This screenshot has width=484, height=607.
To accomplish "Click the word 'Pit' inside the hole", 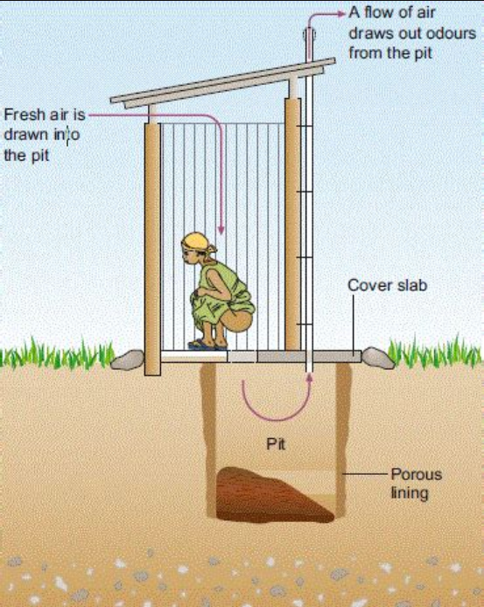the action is point(276,443).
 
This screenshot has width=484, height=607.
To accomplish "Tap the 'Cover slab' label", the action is point(387,285).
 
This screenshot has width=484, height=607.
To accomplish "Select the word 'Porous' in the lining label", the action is point(417,474).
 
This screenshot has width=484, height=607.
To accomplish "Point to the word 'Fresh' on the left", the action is point(24,115).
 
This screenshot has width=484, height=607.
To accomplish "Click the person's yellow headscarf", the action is point(198,243).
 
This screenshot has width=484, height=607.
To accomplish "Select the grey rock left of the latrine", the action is point(128,359).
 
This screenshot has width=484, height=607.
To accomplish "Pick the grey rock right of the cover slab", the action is point(378,358).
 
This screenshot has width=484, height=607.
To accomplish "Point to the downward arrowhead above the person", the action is point(221,229).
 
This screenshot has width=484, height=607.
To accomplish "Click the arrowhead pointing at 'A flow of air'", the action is point(341,14).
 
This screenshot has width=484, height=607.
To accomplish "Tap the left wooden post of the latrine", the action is point(152,249).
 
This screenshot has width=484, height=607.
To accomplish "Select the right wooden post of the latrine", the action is point(292,224).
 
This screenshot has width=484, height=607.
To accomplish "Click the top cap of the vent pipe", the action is point(309,34).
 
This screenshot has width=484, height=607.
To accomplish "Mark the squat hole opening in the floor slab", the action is point(242,357).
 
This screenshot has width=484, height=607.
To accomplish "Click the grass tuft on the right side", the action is point(435,354).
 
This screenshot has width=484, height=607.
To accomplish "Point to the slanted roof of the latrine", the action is point(223,83).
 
